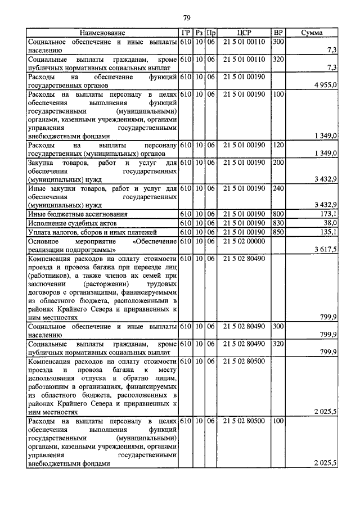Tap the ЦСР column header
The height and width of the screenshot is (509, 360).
pyautogui.click(x=244, y=33)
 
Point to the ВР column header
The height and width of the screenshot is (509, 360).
pyautogui.click(x=277, y=33)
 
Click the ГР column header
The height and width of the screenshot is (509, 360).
pyautogui.click(x=186, y=33)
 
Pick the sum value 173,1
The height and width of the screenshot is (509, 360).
pyautogui.click(x=328, y=214)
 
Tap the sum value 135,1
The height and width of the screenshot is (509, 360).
pyautogui.click(x=328, y=232)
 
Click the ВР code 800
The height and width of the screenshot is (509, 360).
pyautogui.click(x=277, y=214)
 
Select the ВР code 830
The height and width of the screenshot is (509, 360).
pyautogui.click(x=277, y=223)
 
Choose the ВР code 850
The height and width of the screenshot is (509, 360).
pyautogui.click(x=277, y=232)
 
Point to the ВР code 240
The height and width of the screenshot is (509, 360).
pyautogui.click(x=277, y=188)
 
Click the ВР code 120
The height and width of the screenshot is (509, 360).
pyautogui.click(x=277, y=145)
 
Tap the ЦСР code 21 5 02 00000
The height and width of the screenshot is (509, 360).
pyautogui.click(x=244, y=241)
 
